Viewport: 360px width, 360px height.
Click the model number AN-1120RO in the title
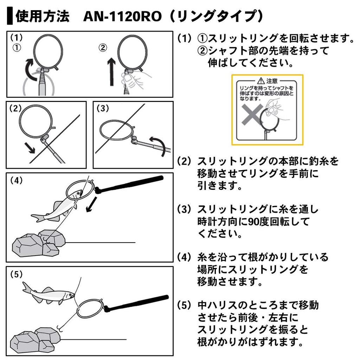click(x=124, y=17)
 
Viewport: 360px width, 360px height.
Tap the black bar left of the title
click(x=10, y=17)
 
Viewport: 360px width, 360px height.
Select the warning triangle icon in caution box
click(x=261, y=81)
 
